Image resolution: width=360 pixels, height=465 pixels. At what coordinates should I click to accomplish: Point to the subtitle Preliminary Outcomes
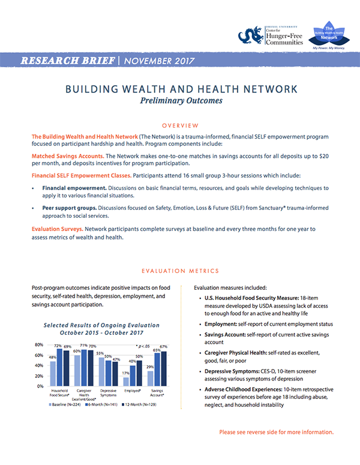[x=180, y=101]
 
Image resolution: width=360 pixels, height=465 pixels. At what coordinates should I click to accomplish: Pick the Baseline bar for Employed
[x=125, y=381]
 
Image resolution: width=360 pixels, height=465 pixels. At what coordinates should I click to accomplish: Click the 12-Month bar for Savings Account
[x=163, y=368]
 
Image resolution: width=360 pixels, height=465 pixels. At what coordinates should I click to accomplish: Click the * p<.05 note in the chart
[x=145, y=347]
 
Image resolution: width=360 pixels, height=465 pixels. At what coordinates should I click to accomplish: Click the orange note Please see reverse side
[x=276, y=432]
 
